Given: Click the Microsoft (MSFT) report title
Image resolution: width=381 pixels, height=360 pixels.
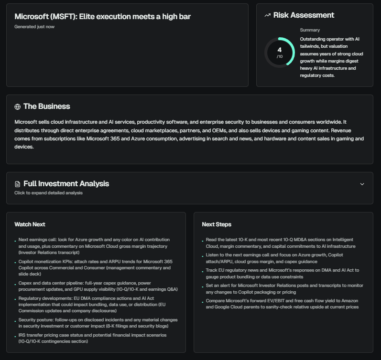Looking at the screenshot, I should pos(102,17).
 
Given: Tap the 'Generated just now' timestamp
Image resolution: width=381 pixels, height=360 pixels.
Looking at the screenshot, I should pos(34,27).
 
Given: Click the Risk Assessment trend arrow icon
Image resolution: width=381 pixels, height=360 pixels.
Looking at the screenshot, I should pos(268,15).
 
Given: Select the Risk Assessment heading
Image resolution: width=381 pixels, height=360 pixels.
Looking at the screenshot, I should pos(304,15).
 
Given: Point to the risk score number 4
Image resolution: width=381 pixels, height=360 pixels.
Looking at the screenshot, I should pos(279,50).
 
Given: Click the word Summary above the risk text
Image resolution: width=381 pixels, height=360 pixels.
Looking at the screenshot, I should pos(310,30).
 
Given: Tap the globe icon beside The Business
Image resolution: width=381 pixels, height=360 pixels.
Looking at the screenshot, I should pos(18,107).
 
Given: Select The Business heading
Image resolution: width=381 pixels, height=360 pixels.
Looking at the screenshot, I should pos(46,106).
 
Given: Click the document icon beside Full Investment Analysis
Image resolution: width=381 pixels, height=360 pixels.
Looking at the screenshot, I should pos(18,184).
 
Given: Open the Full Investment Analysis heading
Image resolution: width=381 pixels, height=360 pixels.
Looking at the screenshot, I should pos(66,184).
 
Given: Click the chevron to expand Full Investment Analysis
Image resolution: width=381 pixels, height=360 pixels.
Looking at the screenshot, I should pos(362,184).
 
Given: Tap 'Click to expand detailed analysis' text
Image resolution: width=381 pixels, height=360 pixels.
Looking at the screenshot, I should pos(48,193).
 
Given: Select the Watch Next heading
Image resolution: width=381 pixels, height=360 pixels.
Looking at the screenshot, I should pos(30,224).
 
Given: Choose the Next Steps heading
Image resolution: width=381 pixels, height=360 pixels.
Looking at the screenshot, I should pos(217,224).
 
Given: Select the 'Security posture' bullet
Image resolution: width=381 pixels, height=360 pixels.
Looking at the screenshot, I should pos(98,323).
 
